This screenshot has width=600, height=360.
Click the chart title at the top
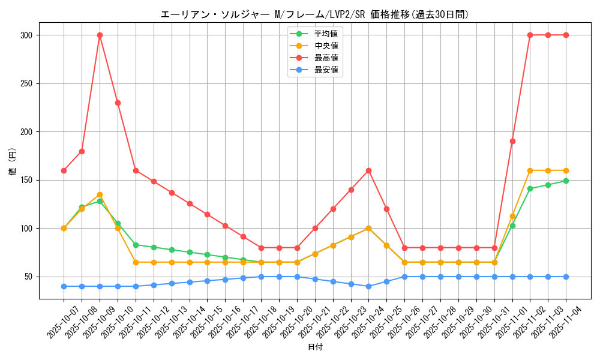click(x=314, y=14)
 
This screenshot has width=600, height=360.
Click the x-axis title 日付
click(x=315, y=347)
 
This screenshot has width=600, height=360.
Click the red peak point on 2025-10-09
click(x=100, y=35)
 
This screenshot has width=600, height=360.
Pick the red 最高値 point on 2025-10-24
click(x=368, y=170)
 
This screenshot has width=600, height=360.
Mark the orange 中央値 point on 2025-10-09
click(x=100, y=194)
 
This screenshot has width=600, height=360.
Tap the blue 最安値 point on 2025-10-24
click(x=368, y=286)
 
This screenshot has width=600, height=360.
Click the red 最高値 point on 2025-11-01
click(x=512, y=141)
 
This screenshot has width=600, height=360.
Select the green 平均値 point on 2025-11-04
click(x=566, y=181)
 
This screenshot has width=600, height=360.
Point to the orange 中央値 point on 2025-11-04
click(x=566, y=170)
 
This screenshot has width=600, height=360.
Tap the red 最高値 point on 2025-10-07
click(x=64, y=170)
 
